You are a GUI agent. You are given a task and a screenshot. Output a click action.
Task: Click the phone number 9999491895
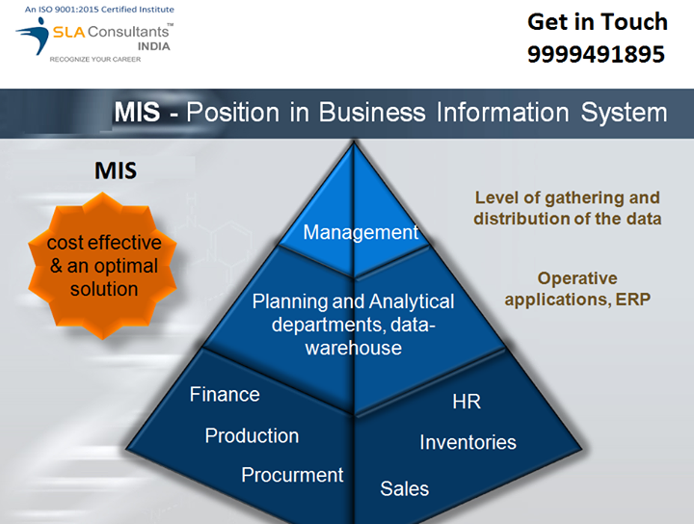596,55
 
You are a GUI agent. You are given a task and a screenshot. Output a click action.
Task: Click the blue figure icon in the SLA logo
32,39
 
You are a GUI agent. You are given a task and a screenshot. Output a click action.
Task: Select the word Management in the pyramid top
360,232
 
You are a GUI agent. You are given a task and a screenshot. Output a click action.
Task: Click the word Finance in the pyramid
225,394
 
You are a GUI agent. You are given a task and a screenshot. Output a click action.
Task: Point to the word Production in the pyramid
252,435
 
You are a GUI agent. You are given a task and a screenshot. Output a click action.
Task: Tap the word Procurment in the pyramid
292,475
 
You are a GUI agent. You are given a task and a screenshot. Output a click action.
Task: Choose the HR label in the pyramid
467,402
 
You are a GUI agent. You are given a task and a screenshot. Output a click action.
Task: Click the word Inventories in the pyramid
467,442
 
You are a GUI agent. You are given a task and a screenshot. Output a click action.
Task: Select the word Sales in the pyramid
405,488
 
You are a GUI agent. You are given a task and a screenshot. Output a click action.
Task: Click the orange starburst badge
104,266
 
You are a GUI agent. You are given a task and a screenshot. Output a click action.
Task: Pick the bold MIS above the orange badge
115,171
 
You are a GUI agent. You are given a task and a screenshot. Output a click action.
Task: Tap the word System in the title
624,112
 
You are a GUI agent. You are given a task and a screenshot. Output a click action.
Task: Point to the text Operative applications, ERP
577,289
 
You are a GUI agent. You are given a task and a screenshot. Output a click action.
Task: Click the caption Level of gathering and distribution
567,208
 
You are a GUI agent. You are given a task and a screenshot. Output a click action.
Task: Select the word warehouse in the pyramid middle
354,348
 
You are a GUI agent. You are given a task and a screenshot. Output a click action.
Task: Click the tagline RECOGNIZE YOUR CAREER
94,60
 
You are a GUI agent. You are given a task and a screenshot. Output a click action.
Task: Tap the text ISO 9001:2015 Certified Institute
99,10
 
